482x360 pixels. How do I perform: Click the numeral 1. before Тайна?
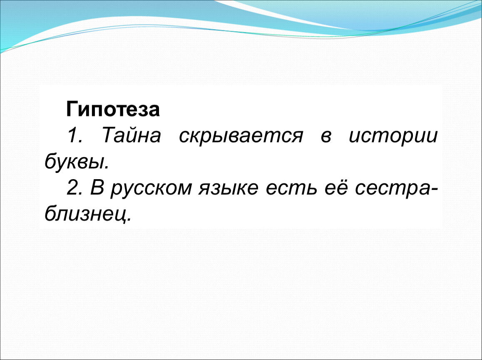[75, 135]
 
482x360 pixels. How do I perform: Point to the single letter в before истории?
[326, 137]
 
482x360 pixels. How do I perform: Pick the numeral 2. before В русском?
[75, 187]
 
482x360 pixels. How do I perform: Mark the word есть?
[291, 188]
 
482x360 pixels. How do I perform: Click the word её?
[336, 187]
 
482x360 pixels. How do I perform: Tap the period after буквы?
[107, 167]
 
